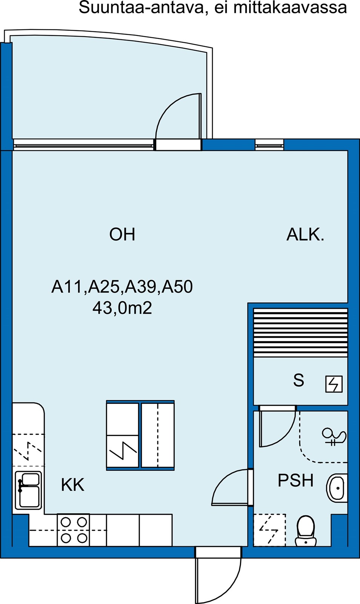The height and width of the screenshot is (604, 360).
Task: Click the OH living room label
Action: pyautogui.click(x=122, y=234)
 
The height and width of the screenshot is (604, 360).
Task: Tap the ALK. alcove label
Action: pyautogui.click(x=305, y=234)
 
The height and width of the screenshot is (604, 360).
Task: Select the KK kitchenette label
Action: pyautogui.click(x=73, y=485)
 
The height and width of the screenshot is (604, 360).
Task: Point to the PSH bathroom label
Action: pyautogui.click(x=295, y=480)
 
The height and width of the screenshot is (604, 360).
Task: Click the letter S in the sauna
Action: pyautogui.click(x=298, y=380)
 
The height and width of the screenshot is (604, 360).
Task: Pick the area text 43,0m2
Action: pyautogui.click(x=122, y=308)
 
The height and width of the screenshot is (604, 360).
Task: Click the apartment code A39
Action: pyautogui.click(x=142, y=287)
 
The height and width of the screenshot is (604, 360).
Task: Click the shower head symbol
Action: pyautogui.click(x=334, y=436)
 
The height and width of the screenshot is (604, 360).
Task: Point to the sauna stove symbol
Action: pyautogui.click(x=334, y=384)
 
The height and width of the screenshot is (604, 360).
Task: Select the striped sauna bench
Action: pyautogui.click(x=300, y=333)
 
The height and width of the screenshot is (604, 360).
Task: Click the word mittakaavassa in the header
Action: pyautogui.click(x=290, y=8)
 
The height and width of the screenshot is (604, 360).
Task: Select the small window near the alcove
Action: pyautogui.click(x=269, y=145)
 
